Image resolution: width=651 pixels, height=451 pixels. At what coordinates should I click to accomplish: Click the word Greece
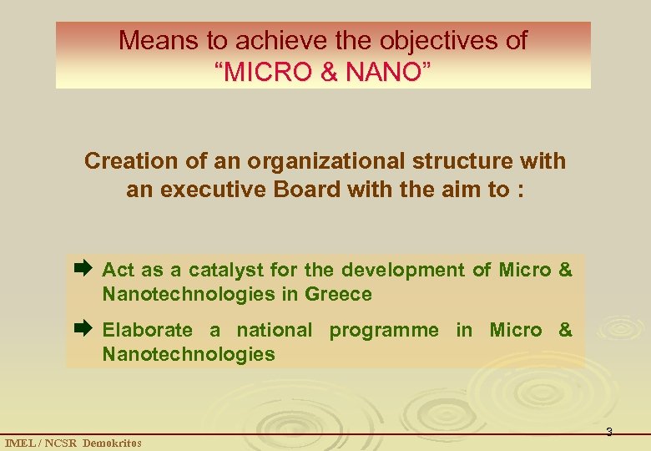pos(338,294)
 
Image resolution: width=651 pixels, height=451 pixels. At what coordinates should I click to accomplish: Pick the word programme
pos(383,330)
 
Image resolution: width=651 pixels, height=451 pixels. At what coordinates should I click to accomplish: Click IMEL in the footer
pos(20,443)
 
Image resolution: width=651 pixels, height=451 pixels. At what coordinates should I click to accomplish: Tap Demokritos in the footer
pos(112,443)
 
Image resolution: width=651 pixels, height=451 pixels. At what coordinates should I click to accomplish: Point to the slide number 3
pos(608,432)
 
